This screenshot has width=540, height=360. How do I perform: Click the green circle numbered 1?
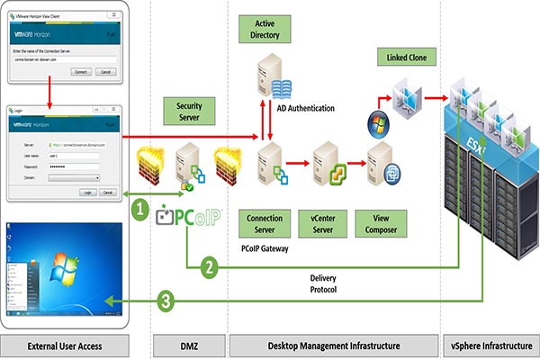[139, 210]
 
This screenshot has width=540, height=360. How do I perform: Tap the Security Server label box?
[190, 112]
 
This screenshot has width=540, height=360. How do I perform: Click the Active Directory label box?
[271, 27]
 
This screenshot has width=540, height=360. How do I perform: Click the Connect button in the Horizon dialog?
[81, 71]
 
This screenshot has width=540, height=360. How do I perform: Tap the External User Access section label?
[66, 346]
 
